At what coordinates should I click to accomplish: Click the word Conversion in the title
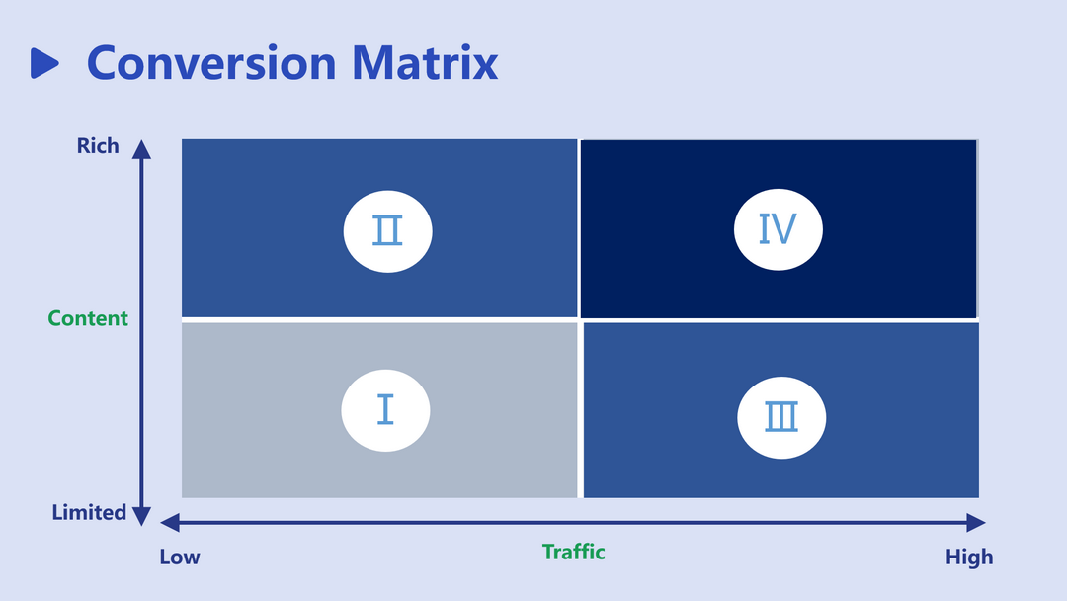pos(211,63)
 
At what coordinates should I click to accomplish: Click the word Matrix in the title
pos(425,62)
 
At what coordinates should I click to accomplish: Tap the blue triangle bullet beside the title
pos(44,63)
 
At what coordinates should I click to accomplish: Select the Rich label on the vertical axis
pos(97,145)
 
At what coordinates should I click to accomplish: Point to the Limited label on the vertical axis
pos(89,512)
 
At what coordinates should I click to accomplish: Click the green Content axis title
pos(88,318)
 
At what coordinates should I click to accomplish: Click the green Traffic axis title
pos(574,552)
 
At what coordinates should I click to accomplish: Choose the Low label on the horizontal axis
pos(180,557)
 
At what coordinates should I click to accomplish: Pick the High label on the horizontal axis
pos(969,557)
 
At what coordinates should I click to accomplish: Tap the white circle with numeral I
pos(385,410)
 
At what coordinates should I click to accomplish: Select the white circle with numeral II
pos(388,231)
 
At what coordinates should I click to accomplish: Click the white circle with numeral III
pos(781,417)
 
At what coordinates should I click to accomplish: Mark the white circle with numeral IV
pos(779,229)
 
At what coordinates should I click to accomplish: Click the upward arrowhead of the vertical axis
pos(141,149)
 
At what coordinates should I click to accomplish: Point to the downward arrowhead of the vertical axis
pos(141,517)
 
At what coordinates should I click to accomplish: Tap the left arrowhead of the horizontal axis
pos(170,523)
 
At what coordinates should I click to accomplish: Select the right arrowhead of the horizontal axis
pos(976,523)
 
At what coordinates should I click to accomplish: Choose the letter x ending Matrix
pos(485,68)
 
